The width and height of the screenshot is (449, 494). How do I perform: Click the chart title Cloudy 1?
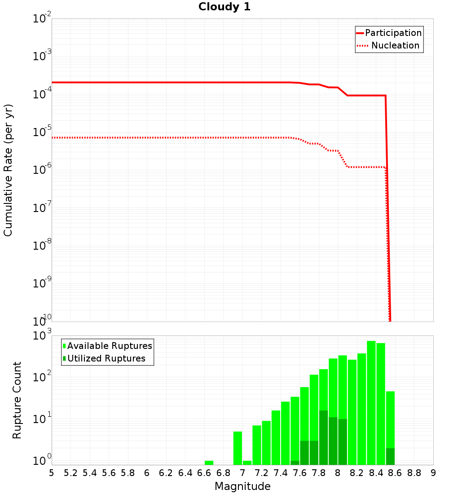(224, 7)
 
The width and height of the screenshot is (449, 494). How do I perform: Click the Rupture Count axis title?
(17, 400)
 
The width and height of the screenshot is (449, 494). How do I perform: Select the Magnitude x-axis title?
(242, 486)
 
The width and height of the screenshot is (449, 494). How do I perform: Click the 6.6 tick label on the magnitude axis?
(204, 473)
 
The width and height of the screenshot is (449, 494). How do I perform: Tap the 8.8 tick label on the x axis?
(414, 473)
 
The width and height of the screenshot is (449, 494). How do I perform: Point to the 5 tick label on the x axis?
(52, 473)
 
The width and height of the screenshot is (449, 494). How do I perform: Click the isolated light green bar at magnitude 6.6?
(209, 463)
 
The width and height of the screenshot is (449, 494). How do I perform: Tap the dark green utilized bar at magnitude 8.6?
(390, 456)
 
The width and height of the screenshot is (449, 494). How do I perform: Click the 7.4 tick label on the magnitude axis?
(281, 473)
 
